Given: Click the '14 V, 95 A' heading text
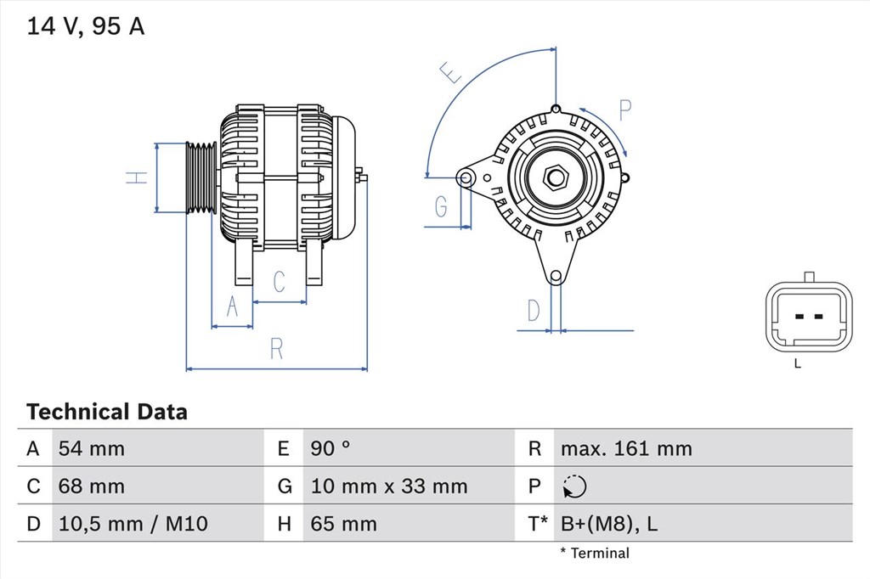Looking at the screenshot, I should coord(86,26).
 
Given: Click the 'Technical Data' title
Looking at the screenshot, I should coord(107,413).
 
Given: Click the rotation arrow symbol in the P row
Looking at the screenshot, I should coord(574,486).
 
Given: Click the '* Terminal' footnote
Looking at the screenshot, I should coord(595,554).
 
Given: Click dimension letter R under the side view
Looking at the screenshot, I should coord(275,348).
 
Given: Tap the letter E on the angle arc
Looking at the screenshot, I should coord(451,73).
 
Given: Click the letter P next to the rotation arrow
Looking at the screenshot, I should coord(624,110).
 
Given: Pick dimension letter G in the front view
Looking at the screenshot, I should coord(441,205).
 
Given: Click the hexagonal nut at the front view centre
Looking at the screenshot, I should coord(556,177).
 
